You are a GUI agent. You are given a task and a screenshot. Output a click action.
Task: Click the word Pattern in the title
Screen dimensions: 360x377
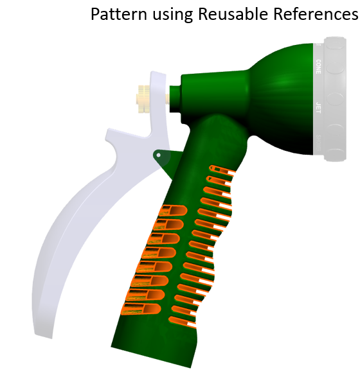119,14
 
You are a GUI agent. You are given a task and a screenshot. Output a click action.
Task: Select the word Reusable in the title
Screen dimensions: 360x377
233,14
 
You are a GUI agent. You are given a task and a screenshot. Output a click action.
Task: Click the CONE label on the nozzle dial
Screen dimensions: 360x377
318,67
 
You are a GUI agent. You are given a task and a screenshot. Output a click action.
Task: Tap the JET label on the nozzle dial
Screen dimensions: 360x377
318,108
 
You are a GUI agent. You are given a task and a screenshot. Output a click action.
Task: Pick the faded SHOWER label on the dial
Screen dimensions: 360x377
318,143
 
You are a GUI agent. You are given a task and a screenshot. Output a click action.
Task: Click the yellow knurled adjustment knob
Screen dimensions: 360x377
143,98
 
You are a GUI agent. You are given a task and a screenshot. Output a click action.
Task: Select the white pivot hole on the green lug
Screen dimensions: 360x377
158,155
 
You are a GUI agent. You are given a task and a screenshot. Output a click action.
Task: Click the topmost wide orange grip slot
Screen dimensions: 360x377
174,211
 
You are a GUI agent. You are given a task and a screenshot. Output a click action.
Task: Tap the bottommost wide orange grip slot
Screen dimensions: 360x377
141,309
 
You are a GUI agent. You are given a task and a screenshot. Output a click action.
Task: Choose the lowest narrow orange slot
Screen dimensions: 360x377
183,322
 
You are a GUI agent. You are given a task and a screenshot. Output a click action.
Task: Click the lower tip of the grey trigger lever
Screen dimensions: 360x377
44,335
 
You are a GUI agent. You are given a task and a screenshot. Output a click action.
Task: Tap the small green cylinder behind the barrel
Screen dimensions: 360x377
175,99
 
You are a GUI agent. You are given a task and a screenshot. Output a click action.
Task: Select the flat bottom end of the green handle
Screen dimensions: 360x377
151,357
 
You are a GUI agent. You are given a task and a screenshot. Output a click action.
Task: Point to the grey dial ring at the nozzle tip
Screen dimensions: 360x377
334,99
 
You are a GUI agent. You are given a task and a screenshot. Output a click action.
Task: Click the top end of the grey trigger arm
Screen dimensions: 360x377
158,74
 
